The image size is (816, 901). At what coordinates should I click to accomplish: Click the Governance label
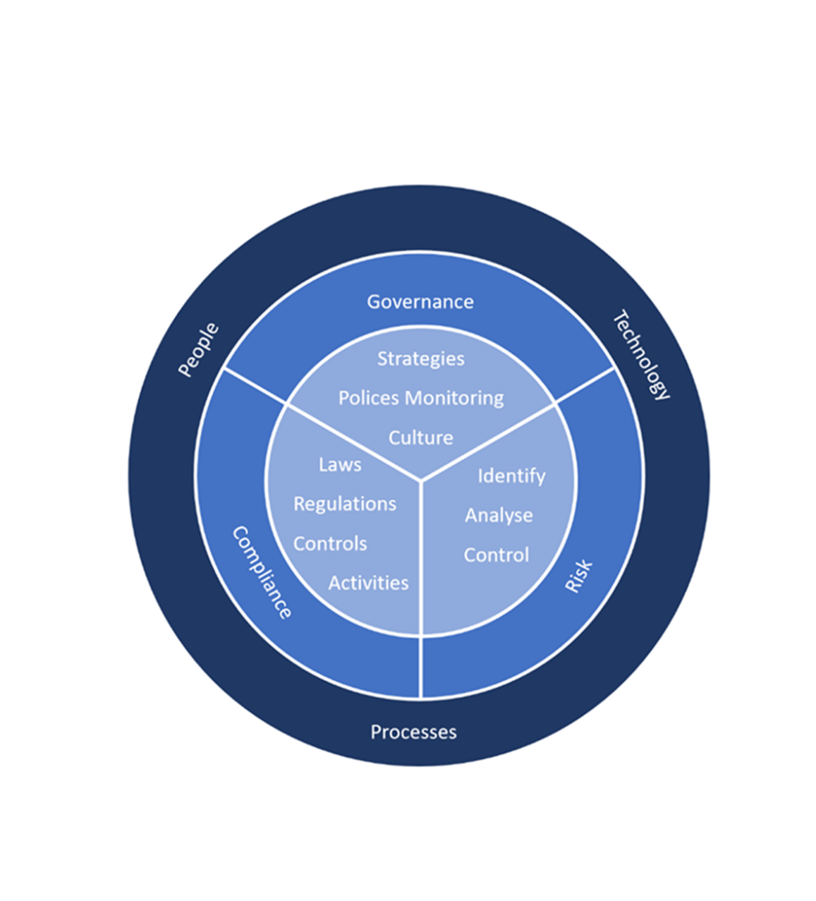pyautogui.click(x=421, y=302)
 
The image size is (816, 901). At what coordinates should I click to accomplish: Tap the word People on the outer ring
pyautogui.click(x=198, y=349)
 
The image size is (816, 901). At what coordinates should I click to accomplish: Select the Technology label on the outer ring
pyautogui.click(x=641, y=355)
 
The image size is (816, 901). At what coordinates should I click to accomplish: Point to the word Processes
pyautogui.click(x=414, y=732)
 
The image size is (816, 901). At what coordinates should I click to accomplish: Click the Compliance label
pyautogui.click(x=262, y=572)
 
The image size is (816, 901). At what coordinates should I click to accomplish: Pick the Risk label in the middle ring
pyautogui.click(x=578, y=575)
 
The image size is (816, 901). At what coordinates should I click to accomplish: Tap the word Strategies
pyautogui.click(x=421, y=359)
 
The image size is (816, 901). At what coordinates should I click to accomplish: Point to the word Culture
pyautogui.click(x=421, y=438)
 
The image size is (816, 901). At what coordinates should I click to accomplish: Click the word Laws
pyautogui.click(x=340, y=465)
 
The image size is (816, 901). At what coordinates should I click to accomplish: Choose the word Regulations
pyautogui.click(x=345, y=504)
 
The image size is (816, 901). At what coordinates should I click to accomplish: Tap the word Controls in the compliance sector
pyautogui.click(x=330, y=544)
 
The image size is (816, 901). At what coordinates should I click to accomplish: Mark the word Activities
pyautogui.click(x=369, y=583)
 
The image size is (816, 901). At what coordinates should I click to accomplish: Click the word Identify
pyautogui.click(x=511, y=476)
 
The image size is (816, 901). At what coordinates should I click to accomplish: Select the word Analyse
pyautogui.click(x=498, y=516)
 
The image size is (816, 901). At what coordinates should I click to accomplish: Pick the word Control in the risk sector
pyautogui.click(x=496, y=555)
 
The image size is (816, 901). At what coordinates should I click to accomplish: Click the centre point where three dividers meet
pyautogui.click(x=422, y=480)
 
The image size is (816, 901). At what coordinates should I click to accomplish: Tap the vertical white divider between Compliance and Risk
pyautogui.click(x=422, y=589)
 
